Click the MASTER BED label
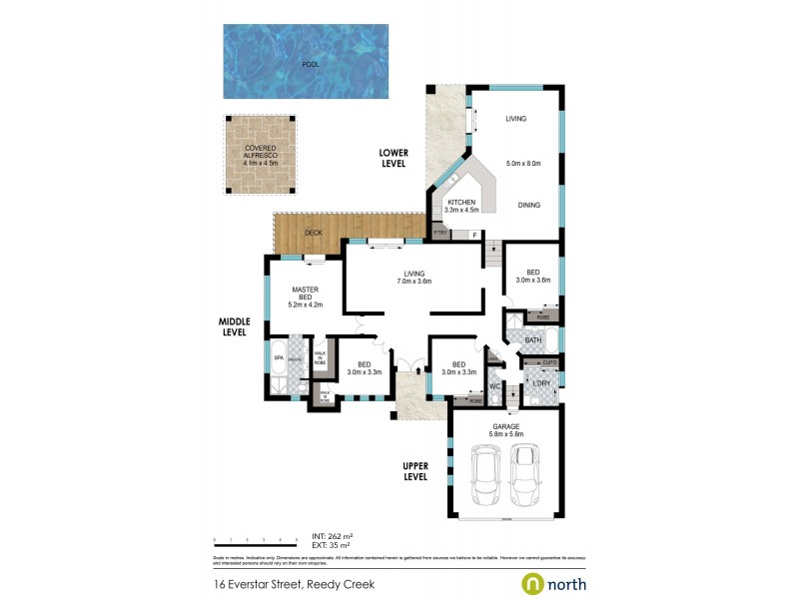pyautogui.click(x=305, y=295)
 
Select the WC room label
pyautogui.click(x=494, y=385)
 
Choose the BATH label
pyautogui.click(x=533, y=340)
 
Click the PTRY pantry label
pyautogui.click(x=440, y=234)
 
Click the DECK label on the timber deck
pyautogui.click(x=314, y=233)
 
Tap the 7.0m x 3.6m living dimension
pyautogui.click(x=413, y=283)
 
